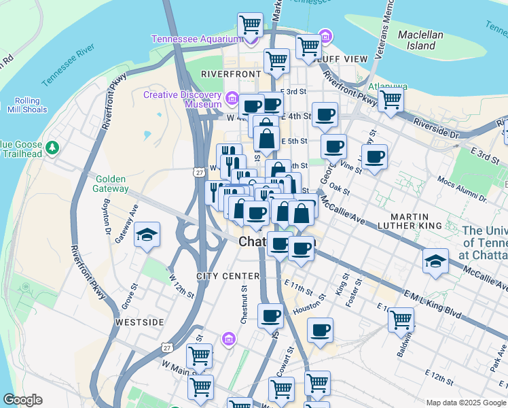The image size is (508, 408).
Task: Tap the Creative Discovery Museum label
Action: [x=183, y=99]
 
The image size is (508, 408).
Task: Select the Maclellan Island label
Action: [x=420, y=40]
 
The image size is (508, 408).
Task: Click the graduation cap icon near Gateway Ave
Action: [x=147, y=235]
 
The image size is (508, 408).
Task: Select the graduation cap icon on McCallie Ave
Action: [x=435, y=260]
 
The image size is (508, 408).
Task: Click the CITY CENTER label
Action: [x=228, y=276]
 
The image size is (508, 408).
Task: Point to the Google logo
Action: [x=22, y=400]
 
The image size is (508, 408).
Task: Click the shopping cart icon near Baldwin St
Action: [x=401, y=318]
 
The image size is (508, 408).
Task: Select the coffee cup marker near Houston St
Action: [x=320, y=330]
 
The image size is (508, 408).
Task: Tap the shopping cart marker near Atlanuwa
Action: [x=391, y=99]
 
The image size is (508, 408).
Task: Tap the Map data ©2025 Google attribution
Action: [x=465, y=402]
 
